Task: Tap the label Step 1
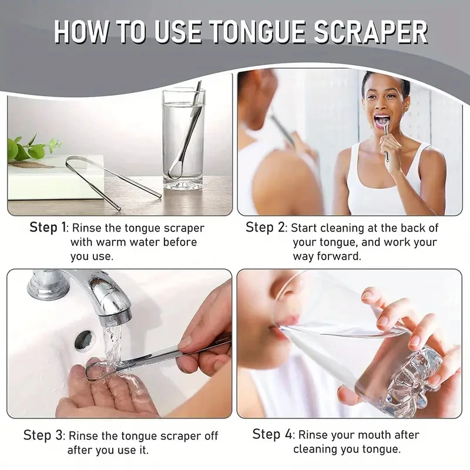48,227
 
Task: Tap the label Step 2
266,227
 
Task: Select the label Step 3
44,435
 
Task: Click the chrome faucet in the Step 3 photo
88,291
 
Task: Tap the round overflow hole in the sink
84,340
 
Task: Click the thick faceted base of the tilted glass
414,376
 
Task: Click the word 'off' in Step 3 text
209,436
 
